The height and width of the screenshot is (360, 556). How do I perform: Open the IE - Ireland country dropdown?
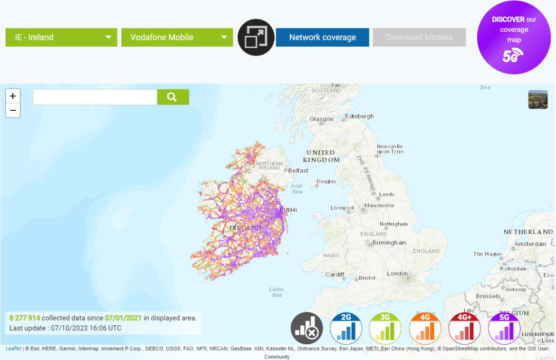(61, 37)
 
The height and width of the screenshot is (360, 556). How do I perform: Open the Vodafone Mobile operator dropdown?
(177, 37)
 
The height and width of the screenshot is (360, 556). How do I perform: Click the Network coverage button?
(322, 37)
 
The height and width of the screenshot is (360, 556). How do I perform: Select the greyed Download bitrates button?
(419, 37)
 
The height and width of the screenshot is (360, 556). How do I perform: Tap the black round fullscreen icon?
(256, 37)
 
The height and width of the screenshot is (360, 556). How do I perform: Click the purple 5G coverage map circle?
(514, 38)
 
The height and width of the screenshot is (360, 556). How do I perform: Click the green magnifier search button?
(173, 97)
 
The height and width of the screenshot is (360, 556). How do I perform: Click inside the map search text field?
(95, 97)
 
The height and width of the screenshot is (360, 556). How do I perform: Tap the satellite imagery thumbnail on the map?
(537, 99)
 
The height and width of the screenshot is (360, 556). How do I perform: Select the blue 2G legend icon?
(345, 328)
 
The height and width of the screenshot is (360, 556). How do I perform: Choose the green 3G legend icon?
(385, 328)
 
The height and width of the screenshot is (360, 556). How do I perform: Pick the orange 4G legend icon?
(425, 328)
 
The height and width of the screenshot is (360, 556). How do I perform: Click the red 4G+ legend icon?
(464, 328)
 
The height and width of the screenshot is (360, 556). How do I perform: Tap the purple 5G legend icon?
(504, 328)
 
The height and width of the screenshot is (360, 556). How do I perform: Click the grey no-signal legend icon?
(307, 328)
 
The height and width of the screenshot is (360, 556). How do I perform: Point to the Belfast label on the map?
(298, 170)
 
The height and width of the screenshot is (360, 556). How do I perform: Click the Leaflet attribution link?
(13, 349)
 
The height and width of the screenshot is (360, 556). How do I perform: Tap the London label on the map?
(397, 273)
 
